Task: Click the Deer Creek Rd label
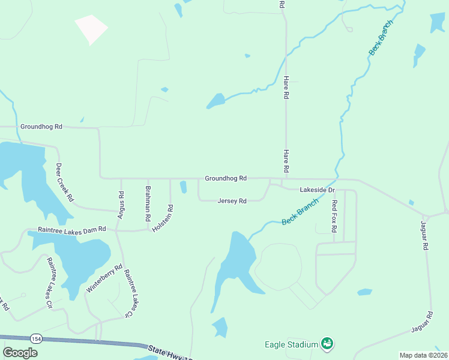(65, 182)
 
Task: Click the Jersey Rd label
(232, 201)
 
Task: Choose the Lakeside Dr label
(316, 190)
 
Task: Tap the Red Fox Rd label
(335, 217)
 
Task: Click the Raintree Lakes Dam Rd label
(71, 229)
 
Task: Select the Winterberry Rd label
(104, 278)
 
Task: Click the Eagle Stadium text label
(291, 344)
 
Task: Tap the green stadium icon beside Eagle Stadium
(327, 344)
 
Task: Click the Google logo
(20, 353)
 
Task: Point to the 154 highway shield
(37, 339)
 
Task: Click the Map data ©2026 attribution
(423, 355)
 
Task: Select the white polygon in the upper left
(91, 29)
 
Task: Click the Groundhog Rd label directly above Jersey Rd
(226, 178)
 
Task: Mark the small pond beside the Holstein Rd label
(183, 187)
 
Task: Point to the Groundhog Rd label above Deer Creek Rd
(41, 127)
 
